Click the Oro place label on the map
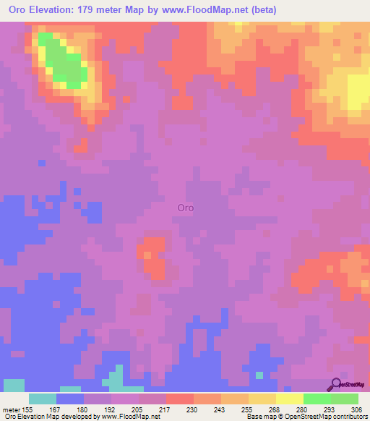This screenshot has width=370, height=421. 186,208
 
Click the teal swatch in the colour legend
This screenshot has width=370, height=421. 43,399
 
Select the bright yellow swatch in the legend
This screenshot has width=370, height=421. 289,399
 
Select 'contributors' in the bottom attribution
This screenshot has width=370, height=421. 348,417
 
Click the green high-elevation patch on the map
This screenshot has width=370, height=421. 64,64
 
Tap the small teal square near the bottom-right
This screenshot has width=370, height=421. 259,375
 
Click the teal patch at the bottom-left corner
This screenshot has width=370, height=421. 13,385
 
